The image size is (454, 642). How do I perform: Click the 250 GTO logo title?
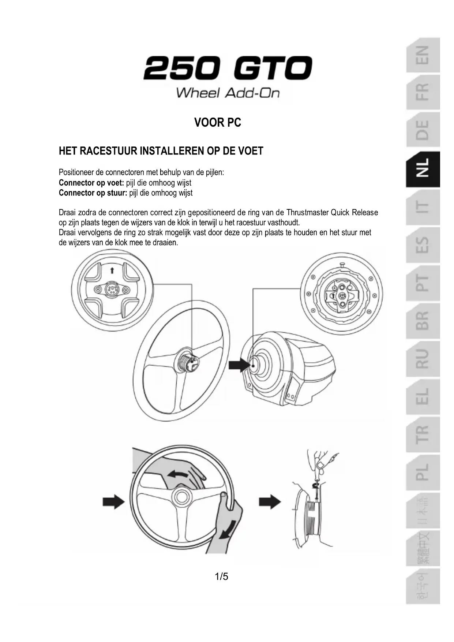[227, 68]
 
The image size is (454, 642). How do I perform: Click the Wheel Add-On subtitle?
[228, 93]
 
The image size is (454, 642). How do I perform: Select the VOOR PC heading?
[218, 123]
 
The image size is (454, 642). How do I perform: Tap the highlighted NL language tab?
[423, 169]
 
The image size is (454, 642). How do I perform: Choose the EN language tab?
[423, 55]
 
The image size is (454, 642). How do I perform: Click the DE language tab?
[423, 130]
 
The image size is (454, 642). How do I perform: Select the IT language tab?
[423, 207]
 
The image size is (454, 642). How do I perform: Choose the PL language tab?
[423, 472]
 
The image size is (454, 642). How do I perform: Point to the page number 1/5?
[221, 577]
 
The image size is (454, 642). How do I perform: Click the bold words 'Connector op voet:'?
[91, 183]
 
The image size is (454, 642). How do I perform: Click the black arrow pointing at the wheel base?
[238, 365]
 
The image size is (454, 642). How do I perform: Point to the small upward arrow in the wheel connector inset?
[112, 270]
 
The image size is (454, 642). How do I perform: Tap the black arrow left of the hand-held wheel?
[113, 501]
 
